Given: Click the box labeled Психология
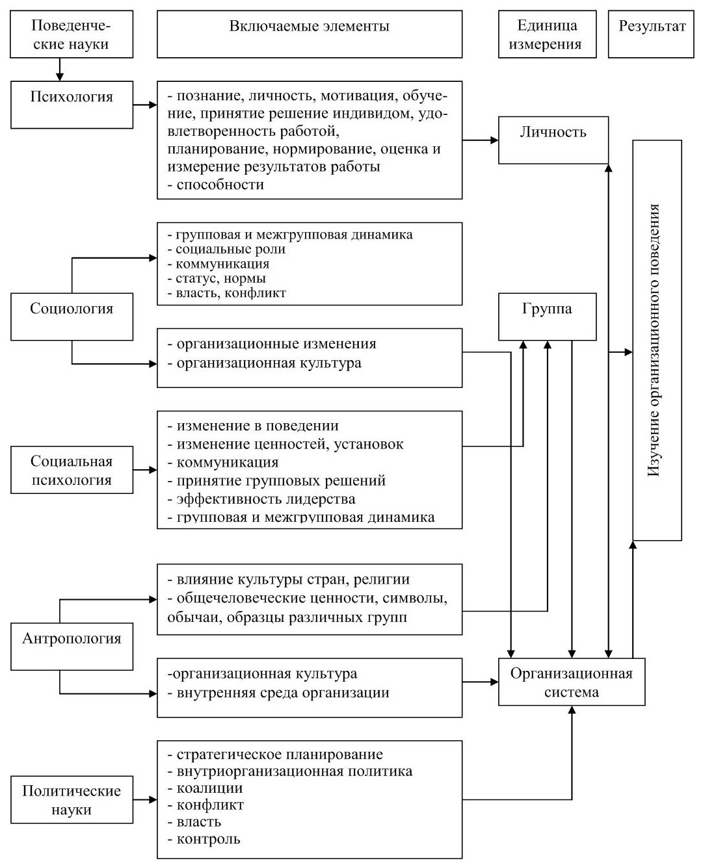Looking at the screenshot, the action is point(72,105).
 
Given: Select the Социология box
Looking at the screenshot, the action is point(72,317).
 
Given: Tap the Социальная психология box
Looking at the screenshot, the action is point(72,470).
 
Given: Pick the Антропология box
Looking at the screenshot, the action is point(72,647).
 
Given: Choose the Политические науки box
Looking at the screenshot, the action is point(72,800).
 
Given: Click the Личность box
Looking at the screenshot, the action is point(553,140).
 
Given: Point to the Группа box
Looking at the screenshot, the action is point(547,317).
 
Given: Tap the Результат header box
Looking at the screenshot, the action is point(651,34).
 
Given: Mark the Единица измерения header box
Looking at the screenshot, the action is point(547,34).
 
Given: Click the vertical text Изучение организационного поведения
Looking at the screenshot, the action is point(654,340).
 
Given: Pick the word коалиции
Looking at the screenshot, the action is point(210,788).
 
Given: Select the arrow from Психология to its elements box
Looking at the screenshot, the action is point(145,105).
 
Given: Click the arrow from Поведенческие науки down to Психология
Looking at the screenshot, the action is point(60,69).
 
